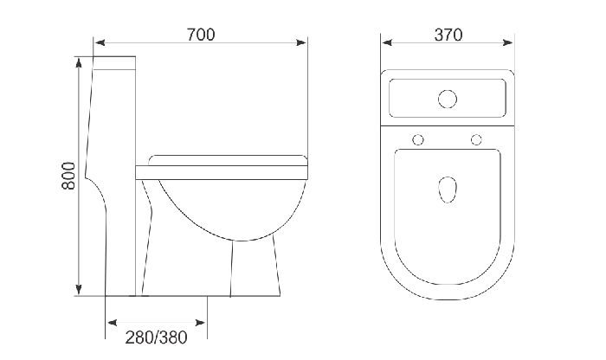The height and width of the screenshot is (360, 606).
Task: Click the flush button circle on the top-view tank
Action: coord(448,99)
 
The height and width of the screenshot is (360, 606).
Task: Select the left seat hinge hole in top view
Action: coord(419,139)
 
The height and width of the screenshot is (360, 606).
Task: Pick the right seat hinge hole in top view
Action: coord(476,139)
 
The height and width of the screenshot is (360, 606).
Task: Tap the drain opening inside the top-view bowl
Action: coord(448,188)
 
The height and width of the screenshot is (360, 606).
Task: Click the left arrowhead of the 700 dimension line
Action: coord(99,42)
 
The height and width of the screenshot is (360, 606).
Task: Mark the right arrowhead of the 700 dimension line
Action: coord(304,42)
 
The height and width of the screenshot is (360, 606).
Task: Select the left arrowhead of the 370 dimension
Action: coord(385,42)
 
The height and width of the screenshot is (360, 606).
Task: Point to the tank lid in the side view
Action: coord(114,63)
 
